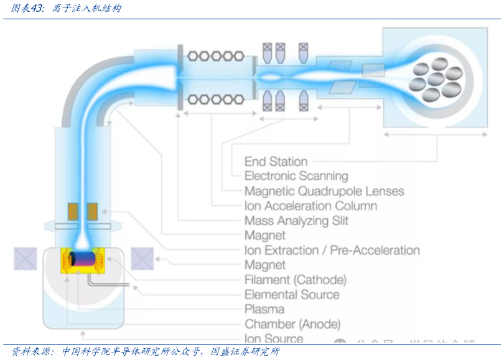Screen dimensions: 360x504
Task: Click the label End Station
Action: tap(276, 162)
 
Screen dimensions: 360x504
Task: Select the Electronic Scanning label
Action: tap(296, 176)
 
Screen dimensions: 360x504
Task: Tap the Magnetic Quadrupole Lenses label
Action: tap(324, 191)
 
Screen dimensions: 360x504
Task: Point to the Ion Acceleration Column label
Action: tap(310, 206)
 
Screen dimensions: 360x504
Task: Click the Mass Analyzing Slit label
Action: tap(296, 221)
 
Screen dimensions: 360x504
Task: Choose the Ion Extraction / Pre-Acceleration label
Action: tap(332, 251)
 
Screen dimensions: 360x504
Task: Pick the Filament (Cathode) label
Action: tap(295, 280)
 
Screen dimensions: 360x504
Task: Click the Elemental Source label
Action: tap(292, 295)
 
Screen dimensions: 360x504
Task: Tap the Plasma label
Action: tap(264, 309)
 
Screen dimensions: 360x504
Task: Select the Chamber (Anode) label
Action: tap(292, 324)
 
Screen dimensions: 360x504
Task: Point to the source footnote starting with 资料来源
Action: tap(146, 352)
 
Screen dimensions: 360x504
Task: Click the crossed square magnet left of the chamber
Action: tap(26, 258)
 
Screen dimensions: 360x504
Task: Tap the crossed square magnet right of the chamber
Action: tap(142, 258)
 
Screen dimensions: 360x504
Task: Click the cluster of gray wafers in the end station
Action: tap(435, 78)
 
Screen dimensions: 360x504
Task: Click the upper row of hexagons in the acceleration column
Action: tap(215, 55)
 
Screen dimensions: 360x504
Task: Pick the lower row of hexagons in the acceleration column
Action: tap(215, 98)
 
